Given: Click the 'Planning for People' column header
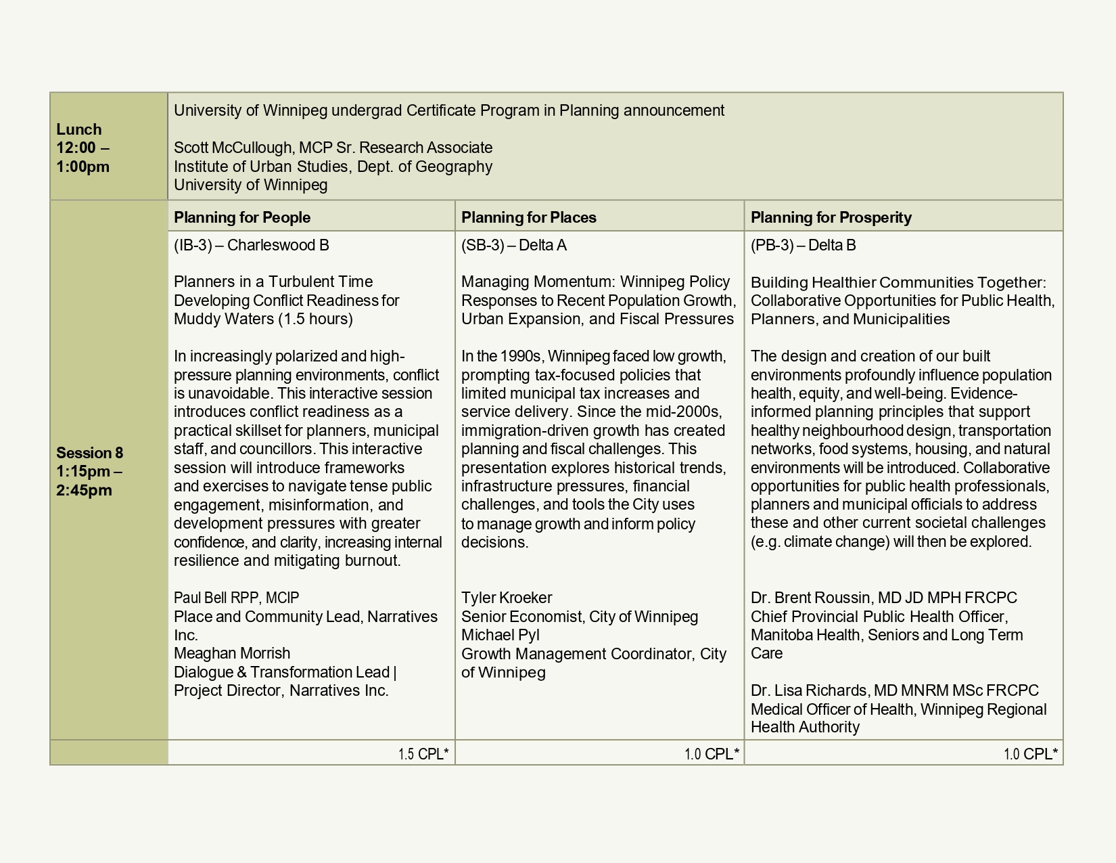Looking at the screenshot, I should pos(242,217).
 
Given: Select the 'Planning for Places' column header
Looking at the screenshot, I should pos(529,217).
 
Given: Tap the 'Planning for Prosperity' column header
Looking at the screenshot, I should pos(831,217).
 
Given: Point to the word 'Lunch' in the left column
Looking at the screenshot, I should pos(79,129).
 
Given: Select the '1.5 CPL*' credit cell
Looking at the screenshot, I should pos(423,754).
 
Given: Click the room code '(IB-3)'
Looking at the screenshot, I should pos(193,245).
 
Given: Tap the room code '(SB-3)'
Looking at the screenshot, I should pos(482,245).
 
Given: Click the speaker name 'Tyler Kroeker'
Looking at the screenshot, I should pos(507,598).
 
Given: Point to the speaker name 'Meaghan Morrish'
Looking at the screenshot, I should pos(232,653).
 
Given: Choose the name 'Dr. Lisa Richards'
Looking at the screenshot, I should pos(810,690).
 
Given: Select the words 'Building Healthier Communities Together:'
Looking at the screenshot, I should pos(898,282).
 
